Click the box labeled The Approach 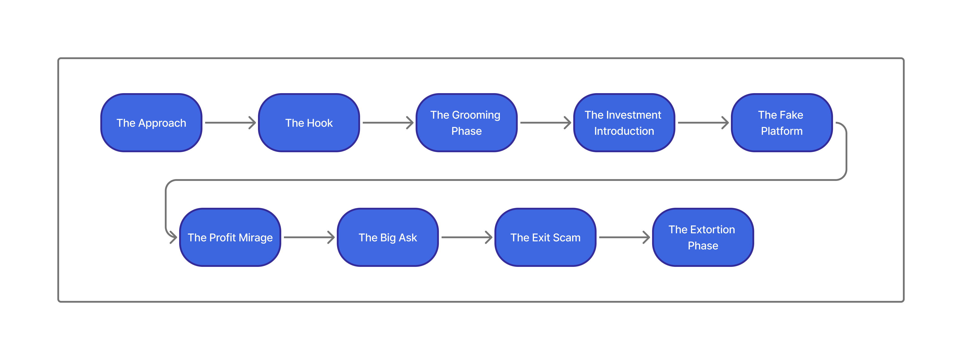coord(151,123)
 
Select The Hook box coord(309,123)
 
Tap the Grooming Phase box coord(466,123)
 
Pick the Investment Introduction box coord(624,123)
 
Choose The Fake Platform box coord(782,123)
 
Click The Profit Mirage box coord(230,238)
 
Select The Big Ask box coord(388,238)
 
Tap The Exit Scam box coord(545,238)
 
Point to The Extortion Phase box coord(703,238)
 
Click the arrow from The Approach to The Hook coord(230,122)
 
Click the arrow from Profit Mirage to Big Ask coord(309,237)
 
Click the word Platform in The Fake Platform coord(782,131)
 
